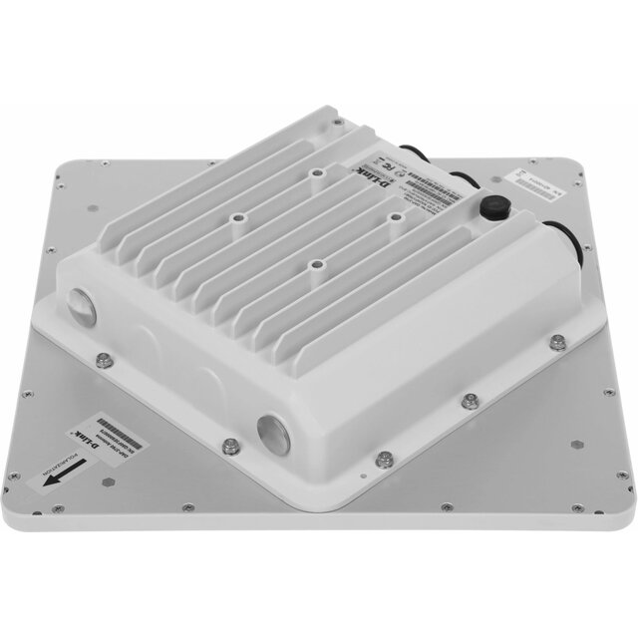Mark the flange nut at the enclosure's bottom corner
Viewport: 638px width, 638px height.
(384, 460)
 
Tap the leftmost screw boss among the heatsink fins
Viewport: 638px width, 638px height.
(237, 214)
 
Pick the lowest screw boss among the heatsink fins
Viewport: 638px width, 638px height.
(316, 264)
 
